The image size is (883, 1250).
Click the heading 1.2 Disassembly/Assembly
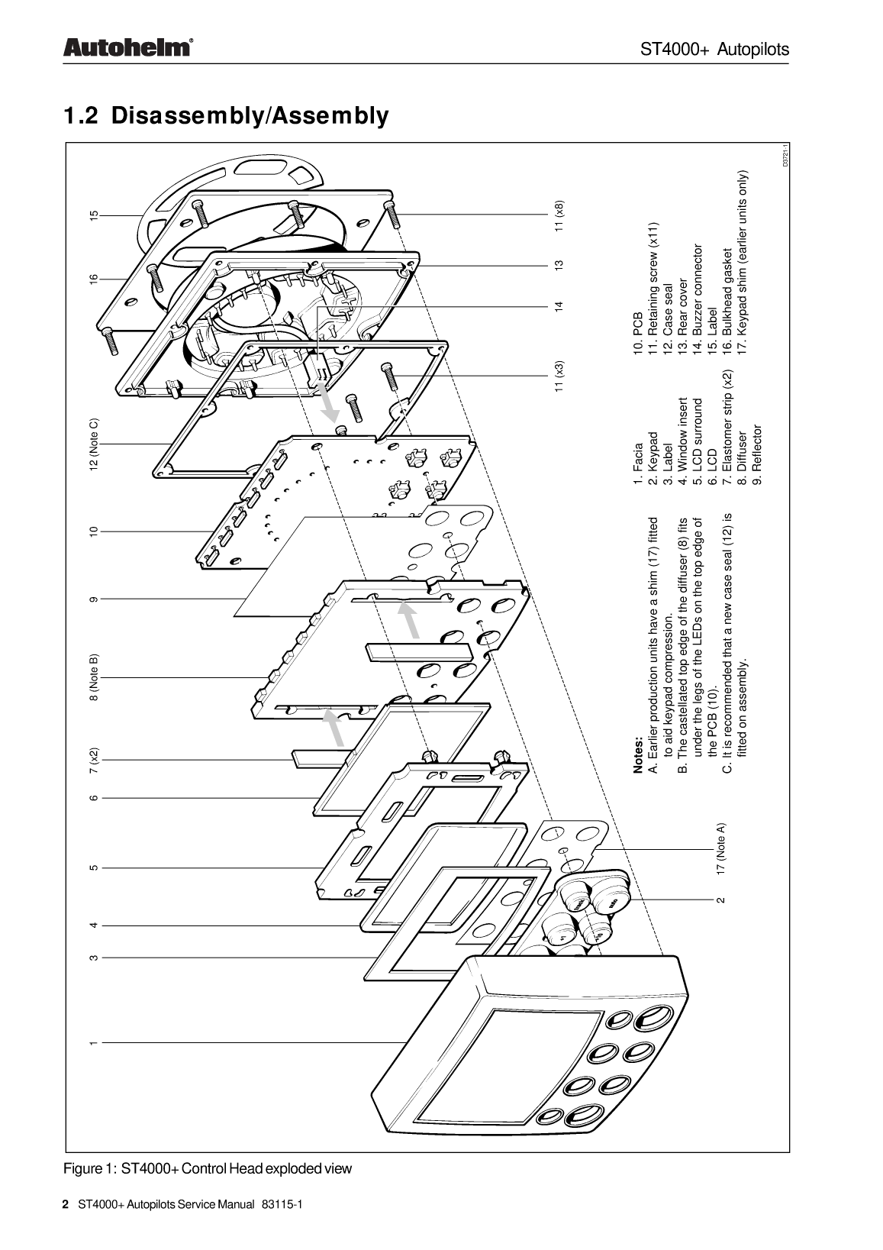[226, 115]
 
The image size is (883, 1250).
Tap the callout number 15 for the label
[94, 215]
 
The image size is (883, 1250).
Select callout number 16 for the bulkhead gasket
[94, 279]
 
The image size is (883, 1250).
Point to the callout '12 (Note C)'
[94, 444]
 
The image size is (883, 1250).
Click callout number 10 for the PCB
[94, 531]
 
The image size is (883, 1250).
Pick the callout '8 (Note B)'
[94, 677]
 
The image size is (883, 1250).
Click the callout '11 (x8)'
[559, 215]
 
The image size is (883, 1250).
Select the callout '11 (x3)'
[559, 376]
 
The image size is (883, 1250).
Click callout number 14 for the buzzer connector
[559, 305]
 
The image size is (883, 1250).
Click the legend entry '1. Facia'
[638, 464]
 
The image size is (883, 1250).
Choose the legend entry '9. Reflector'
[756, 455]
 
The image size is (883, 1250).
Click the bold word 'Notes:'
[638, 757]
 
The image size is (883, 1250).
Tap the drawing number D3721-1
[785, 156]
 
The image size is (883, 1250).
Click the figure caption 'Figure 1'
[89, 1168]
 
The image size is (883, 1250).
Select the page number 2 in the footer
[66, 1204]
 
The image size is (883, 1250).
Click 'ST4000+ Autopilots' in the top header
[714, 49]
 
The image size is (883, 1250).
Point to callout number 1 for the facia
[94, 1042]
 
